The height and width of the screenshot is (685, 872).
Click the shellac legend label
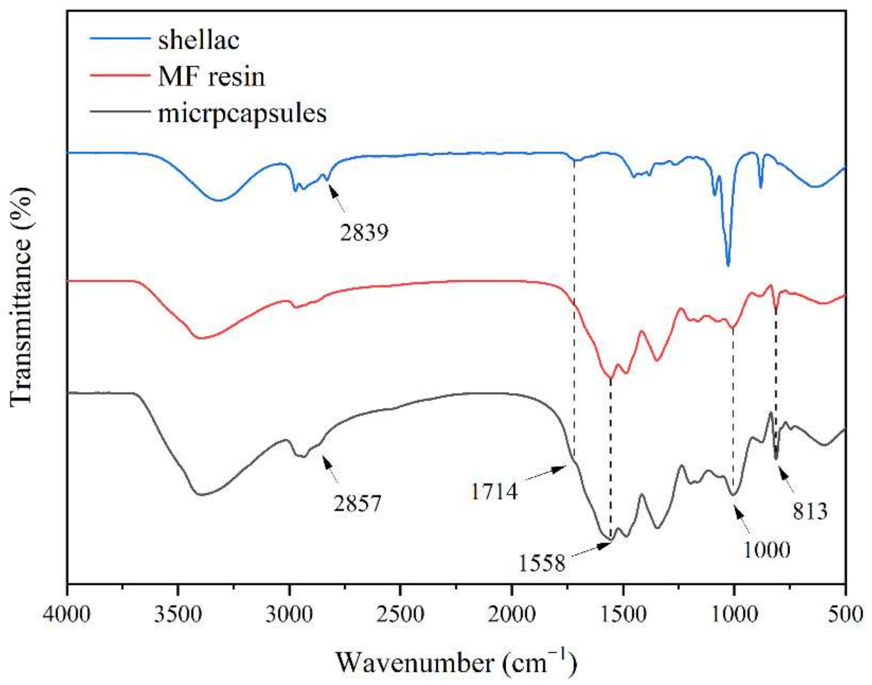tap(199, 40)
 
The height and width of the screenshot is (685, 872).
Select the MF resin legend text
tap(211, 77)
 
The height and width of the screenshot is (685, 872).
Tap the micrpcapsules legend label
tap(242, 113)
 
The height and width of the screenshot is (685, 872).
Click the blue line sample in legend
tap(120, 39)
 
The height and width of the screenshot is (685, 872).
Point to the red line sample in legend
tap(120, 75)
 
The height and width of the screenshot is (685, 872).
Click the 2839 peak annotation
tap(364, 232)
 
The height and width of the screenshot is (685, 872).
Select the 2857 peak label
tap(357, 504)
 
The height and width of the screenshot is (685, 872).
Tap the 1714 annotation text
tap(494, 492)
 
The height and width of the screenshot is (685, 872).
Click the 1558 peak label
tap(542, 563)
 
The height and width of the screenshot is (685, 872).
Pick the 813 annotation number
tap(810, 511)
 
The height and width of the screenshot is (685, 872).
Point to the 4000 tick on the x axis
tap(67, 613)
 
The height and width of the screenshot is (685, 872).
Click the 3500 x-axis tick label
tap(178, 613)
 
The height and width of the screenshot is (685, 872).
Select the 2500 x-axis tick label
tap(400, 613)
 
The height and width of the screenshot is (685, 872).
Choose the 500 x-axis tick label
tap(845, 613)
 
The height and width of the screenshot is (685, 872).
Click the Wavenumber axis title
tap(455, 662)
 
